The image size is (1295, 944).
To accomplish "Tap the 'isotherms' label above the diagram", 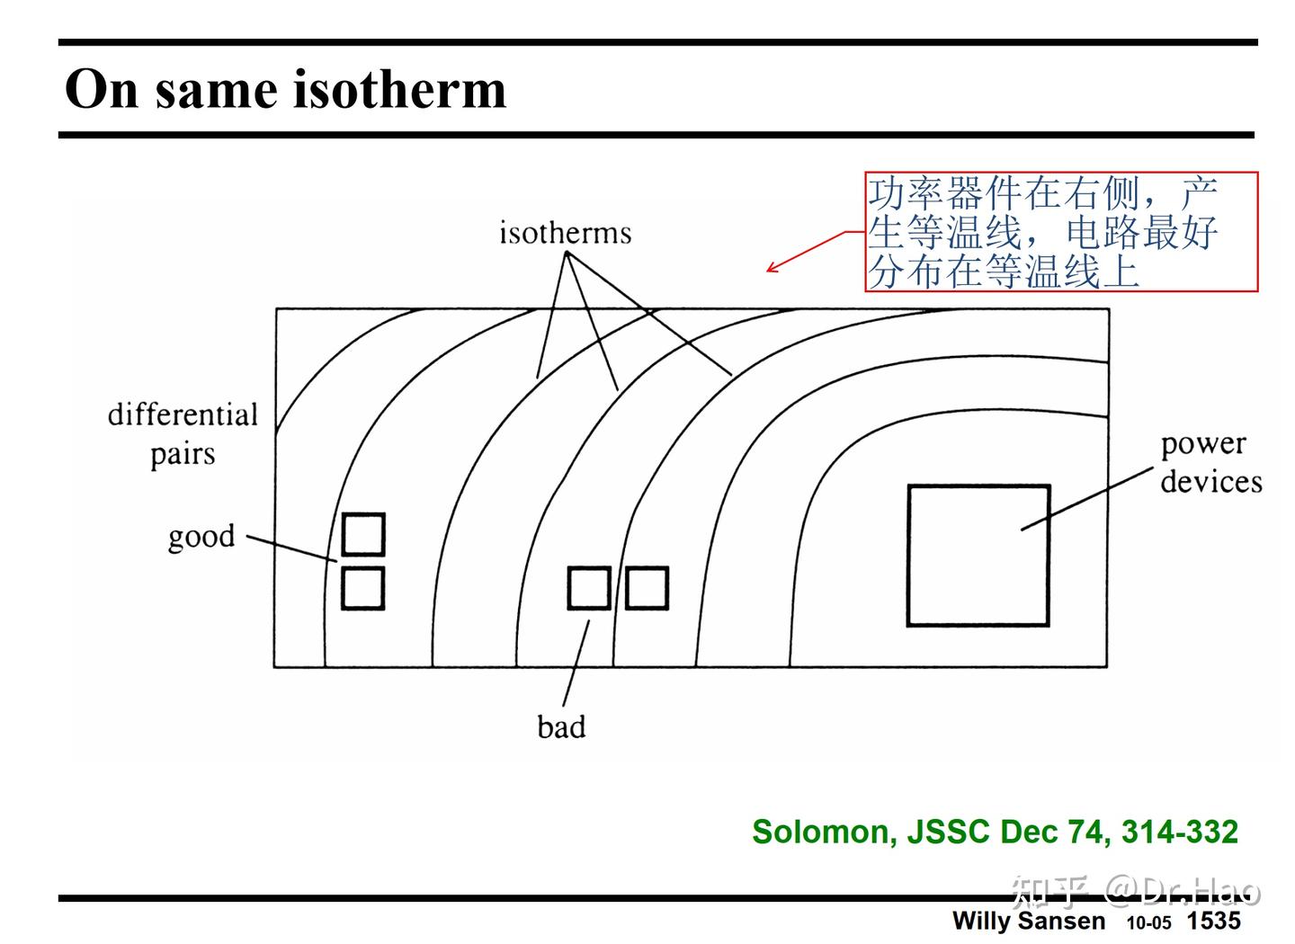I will [x=565, y=233].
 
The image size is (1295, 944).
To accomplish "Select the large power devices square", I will [x=978, y=555].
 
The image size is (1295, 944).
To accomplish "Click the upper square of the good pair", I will [x=363, y=534].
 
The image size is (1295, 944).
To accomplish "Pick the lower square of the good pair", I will [x=363, y=588].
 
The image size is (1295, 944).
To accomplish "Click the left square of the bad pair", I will [x=589, y=588].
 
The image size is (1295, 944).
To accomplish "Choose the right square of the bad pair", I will [x=647, y=588].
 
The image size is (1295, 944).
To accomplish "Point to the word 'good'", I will [x=201, y=537].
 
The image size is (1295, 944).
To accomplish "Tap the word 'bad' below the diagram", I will [x=561, y=726].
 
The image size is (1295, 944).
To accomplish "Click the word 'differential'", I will [x=183, y=414].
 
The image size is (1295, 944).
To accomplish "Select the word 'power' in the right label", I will [x=1202, y=444].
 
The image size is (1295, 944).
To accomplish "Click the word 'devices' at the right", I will [x=1210, y=482].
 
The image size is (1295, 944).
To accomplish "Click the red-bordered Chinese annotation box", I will [x=1061, y=232].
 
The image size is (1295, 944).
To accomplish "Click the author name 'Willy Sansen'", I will [x=1028, y=921].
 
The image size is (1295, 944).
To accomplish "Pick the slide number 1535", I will [x=1213, y=921].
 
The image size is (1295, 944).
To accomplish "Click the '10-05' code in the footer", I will [x=1148, y=922].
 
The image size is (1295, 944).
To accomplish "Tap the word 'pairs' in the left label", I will [x=183, y=454].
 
